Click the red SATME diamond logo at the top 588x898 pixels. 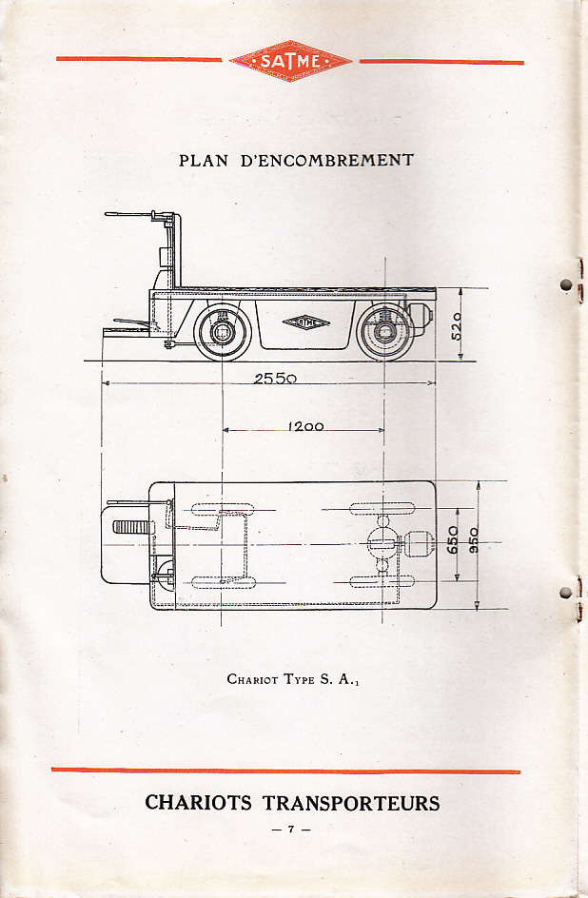point(290,60)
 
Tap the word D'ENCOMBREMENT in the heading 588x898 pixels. point(329,161)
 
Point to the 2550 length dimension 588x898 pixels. point(275,378)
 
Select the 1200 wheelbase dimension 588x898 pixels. point(305,426)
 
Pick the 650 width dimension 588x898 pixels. point(454,540)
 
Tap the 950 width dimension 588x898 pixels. point(473,540)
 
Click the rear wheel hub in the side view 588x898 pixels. point(383,332)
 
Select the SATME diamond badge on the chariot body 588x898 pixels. point(305,322)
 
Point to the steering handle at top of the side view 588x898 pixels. point(133,215)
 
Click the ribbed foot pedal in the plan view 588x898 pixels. point(132,527)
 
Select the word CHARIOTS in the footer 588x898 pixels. point(199,803)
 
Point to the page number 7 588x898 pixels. point(291,830)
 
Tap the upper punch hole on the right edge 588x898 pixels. point(566,284)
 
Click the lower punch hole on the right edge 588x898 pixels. point(566,593)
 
